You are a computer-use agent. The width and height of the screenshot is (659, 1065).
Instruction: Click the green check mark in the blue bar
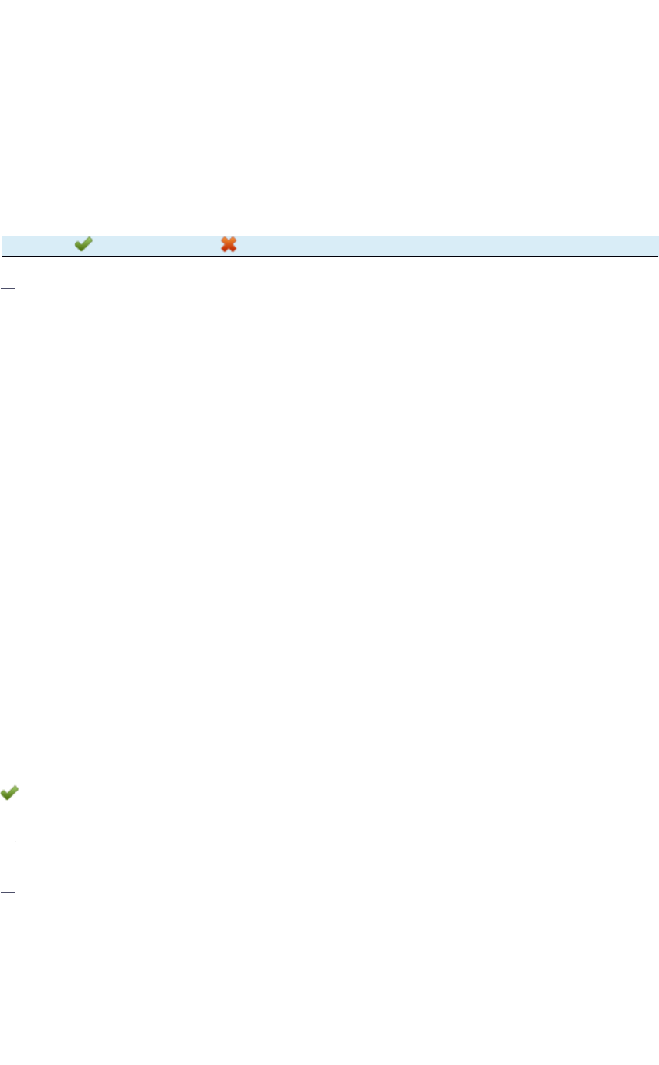click(x=83, y=244)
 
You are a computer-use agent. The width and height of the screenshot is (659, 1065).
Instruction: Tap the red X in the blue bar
click(x=229, y=244)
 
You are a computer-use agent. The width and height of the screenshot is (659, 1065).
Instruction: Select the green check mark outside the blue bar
click(x=9, y=793)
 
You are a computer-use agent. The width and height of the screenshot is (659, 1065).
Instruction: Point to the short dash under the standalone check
click(x=8, y=891)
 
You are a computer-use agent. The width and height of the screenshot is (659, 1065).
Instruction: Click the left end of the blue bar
click(x=2, y=245)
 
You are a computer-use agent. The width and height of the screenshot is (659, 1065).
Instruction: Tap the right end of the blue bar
click(x=656, y=245)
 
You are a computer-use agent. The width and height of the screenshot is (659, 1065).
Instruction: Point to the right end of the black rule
click(x=657, y=256)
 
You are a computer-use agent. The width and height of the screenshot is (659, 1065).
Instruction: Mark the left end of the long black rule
click(x=2, y=256)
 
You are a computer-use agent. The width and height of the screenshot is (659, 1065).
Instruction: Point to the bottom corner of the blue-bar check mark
click(x=81, y=250)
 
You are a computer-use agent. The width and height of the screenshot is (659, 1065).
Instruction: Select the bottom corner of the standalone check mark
click(x=7, y=798)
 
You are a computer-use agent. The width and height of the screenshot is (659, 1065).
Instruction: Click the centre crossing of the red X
click(x=229, y=244)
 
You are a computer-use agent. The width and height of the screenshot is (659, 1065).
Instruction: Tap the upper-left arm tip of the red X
click(x=223, y=239)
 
